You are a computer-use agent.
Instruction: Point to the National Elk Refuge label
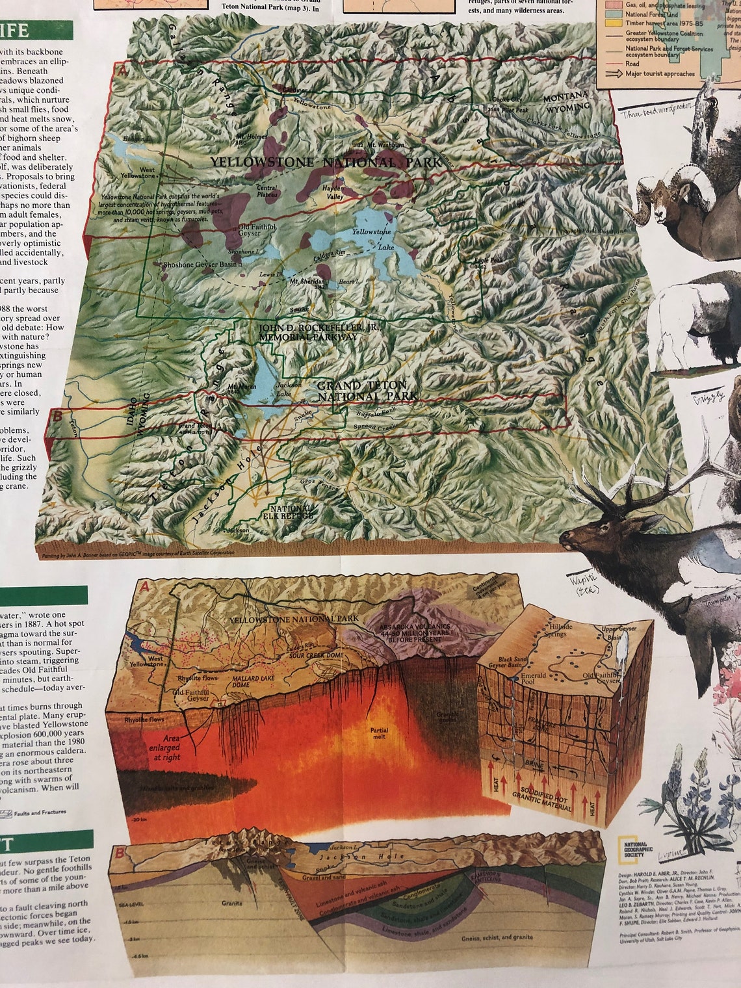point(291,512)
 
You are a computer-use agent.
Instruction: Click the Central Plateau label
point(266,190)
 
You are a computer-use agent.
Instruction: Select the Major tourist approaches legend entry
point(660,73)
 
